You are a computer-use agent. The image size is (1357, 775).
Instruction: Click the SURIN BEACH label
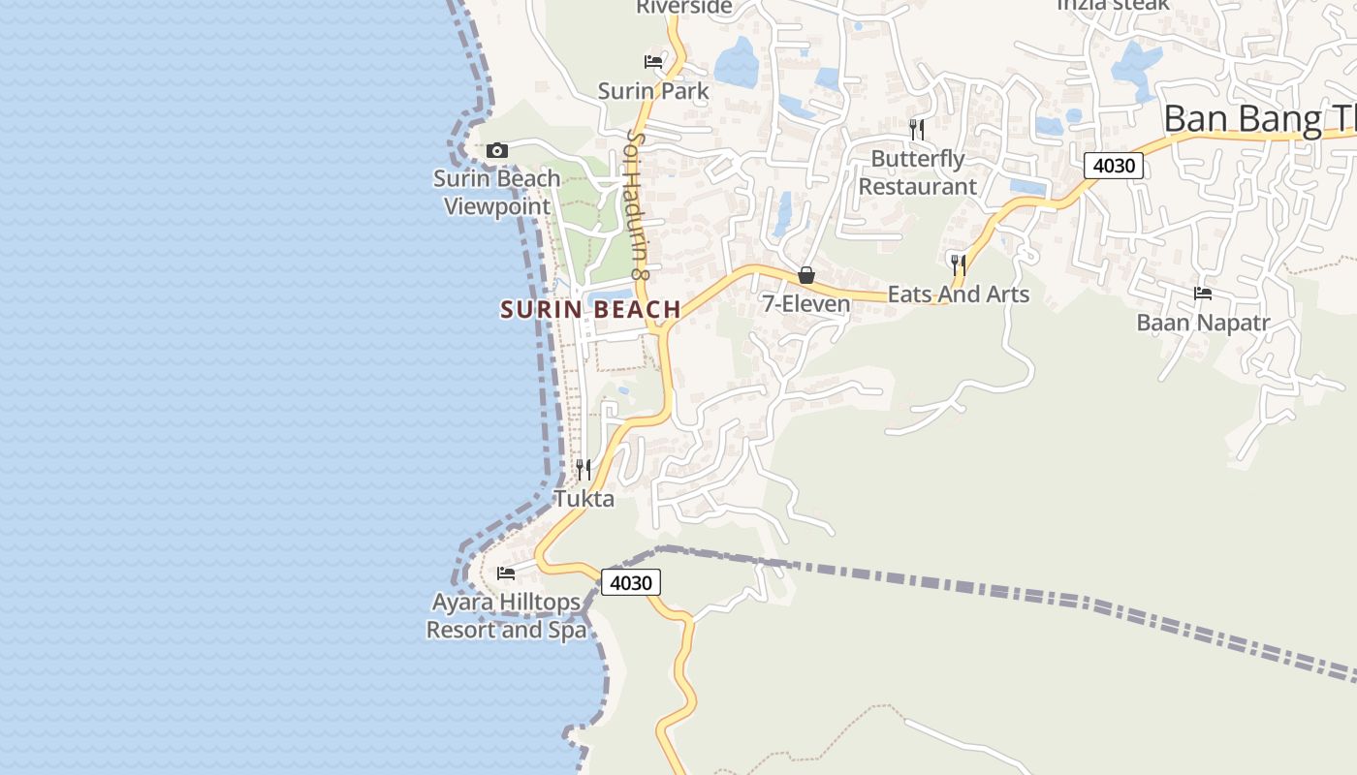pos(590,310)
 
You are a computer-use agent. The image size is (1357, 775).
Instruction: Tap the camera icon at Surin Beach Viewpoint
pos(497,150)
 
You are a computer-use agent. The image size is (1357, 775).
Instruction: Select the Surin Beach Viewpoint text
pos(496,192)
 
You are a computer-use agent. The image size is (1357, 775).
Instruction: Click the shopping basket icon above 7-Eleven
pos(805,275)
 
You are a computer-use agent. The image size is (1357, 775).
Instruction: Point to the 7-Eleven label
pos(805,304)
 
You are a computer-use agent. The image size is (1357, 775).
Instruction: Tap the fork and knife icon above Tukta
pos(584,470)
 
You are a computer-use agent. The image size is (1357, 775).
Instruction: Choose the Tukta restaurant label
pos(584,499)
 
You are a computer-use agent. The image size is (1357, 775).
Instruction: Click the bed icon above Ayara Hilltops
pos(506,573)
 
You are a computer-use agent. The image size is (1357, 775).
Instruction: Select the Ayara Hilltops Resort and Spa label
pos(506,616)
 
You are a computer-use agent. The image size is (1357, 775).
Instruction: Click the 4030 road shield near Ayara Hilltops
pos(631,582)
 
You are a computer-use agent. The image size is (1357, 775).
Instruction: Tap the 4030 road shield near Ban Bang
pos(1114,166)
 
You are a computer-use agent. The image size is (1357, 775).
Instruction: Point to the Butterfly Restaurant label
pos(917,172)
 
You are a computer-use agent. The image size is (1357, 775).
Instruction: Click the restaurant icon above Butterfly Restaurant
pos(917,129)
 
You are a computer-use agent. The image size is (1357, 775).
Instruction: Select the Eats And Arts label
pos(958,294)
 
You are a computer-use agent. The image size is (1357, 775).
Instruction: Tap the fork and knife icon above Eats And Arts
pos(959,263)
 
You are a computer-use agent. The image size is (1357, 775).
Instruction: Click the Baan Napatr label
pos(1203,323)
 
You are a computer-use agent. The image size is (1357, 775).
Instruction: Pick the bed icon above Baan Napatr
pos(1203,293)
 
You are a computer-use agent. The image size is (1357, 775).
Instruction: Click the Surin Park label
pos(653,91)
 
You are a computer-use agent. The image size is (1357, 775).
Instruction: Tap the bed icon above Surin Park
pos(653,62)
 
